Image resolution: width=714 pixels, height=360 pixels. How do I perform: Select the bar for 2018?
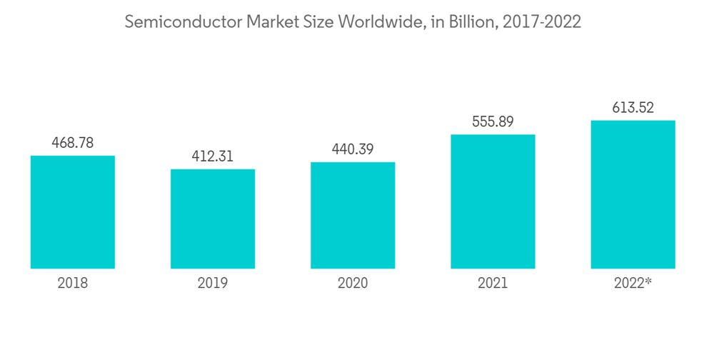coord(73,212)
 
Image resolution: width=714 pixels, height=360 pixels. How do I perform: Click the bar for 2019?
coord(213,219)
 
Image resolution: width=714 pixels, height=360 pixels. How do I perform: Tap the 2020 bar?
coord(353,215)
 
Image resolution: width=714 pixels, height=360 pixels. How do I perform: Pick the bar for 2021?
coord(493,201)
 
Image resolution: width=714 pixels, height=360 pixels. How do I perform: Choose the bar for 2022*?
coord(633,194)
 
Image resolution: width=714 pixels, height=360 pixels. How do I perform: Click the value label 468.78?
coord(73,143)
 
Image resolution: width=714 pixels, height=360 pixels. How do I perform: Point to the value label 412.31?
coord(213,156)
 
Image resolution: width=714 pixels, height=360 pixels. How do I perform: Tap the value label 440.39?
coord(353,149)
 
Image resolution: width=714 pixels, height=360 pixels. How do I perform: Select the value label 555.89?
coord(493,122)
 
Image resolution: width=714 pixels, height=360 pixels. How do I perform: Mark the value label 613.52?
coord(633,108)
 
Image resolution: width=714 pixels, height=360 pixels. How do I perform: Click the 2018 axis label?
coord(73,284)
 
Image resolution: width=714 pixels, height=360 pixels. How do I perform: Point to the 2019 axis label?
coord(213,284)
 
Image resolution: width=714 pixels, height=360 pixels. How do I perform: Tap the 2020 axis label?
coord(353,284)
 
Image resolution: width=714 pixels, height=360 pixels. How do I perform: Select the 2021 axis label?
coord(493,284)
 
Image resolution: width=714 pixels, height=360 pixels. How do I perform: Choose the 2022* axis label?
coord(633,284)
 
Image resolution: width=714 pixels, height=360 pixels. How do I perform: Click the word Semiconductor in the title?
coord(183,22)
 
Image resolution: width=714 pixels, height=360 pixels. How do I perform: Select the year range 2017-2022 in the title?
coord(542,22)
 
